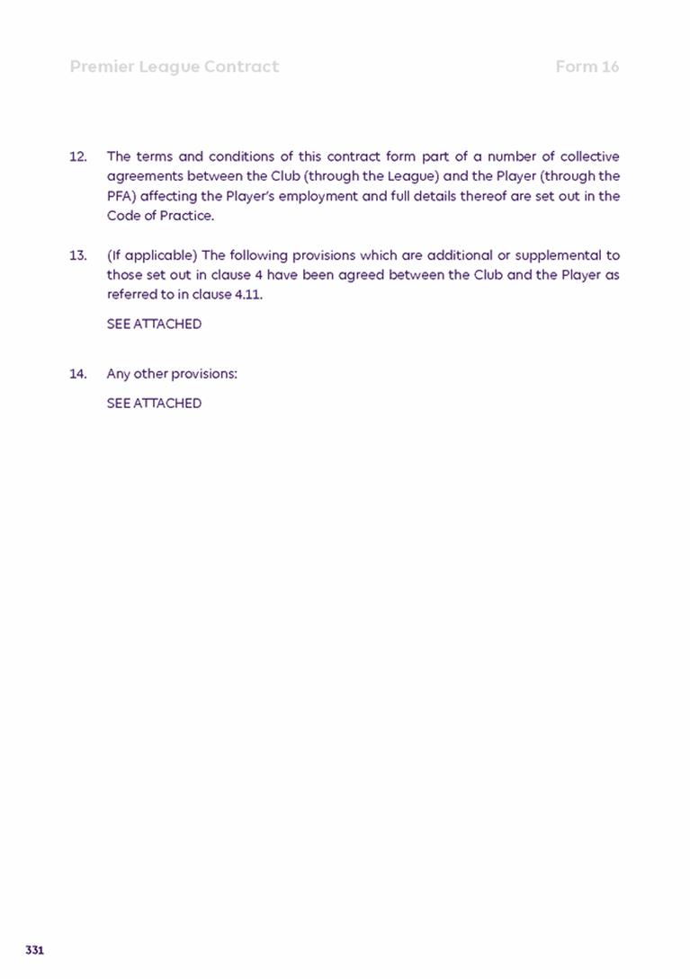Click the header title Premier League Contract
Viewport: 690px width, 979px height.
click(174, 67)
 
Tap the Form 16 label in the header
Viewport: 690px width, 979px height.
click(587, 67)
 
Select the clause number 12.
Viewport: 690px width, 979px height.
click(78, 156)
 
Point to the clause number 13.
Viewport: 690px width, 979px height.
click(78, 255)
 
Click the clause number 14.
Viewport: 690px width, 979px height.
click(78, 374)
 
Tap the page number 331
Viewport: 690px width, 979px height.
click(35, 950)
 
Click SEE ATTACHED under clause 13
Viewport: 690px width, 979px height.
click(154, 324)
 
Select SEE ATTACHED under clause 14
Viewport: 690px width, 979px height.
click(154, 403)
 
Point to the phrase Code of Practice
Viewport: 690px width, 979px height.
click(160, 216)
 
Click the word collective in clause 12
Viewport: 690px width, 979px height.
click(589, 156)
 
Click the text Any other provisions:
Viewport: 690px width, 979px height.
click(172, 374)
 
